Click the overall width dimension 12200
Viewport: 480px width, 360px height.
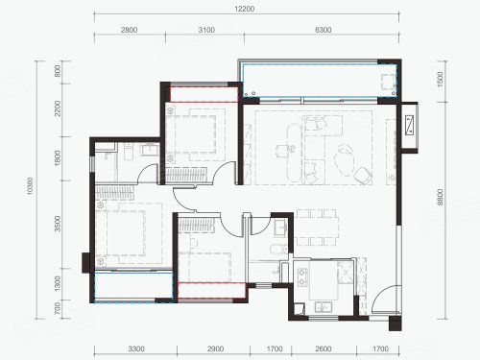tap(245, 9)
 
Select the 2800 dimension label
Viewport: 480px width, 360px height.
tap(129, 30)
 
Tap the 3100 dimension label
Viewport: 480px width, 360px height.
tap(206, 30)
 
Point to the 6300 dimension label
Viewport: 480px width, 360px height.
tap(324, 30)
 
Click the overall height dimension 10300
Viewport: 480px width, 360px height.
tap(30, 186)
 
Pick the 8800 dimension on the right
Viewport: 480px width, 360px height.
tap(441, 197)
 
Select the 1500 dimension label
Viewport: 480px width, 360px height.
tap(441, 79)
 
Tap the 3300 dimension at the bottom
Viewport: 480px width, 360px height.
tap(136, 348)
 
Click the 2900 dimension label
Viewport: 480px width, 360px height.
tap(215, 348)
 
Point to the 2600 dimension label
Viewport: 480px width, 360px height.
tap(324, 348)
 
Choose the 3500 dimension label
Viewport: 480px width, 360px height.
tap(58, 224)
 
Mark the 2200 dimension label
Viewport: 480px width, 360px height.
tap(58, 108)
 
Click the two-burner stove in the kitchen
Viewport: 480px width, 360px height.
tap(302, 277)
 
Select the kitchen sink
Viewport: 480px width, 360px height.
tap(324, 307)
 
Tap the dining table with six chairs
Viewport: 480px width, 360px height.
tap(317, 228)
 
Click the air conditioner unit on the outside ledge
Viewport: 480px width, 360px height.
tap(410, 126)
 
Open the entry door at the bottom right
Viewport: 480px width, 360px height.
tap(385, 299)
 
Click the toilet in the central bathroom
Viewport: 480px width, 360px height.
tap(278, 249)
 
